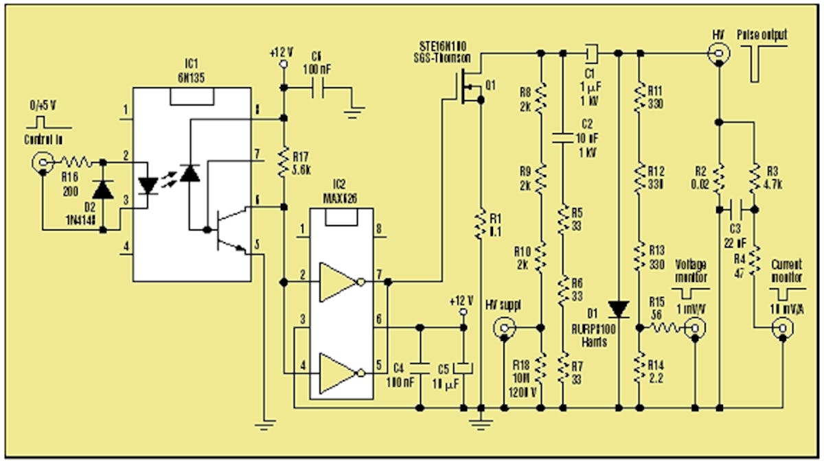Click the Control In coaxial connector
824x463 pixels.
coord(43,163)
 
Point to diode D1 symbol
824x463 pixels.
coord(619,309)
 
